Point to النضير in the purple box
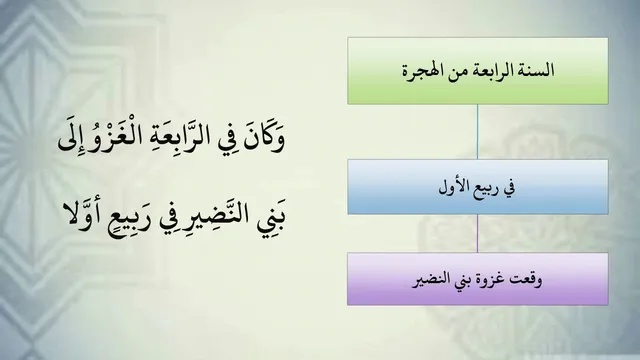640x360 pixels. click(430, 280)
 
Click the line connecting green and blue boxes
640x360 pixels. click(477, 132)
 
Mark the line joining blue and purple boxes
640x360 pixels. click(477, 233)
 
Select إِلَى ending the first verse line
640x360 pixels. click(72, 138)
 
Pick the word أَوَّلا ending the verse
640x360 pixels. click(81, 213)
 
